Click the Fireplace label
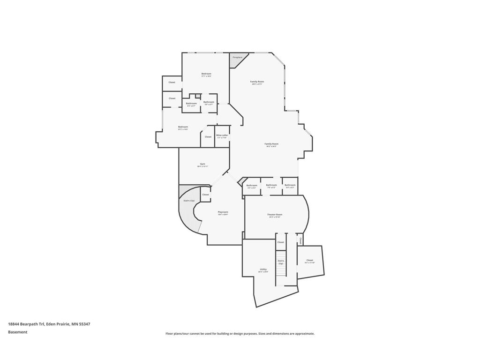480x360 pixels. pos(238,57)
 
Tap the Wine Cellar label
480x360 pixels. pos(222,135)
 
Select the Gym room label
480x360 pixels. pos(202,164)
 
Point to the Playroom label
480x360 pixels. pos(223,212)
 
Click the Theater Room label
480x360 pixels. pos(275,215)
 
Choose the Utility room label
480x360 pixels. pos(263,269)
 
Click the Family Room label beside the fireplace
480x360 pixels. pos(257,82)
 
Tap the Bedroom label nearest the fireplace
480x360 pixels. pos(206,74)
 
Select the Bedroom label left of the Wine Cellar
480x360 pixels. pos(183,127)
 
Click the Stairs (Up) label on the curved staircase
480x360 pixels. pos(189,201)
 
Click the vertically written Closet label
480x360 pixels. pos(300,240)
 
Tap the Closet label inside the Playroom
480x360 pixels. pos(205,194)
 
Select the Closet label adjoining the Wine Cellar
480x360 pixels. pos(208,137)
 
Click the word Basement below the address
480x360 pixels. pos(18,332)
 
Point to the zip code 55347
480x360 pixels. pos(84,324)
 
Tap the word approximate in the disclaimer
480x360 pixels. pos(304,334)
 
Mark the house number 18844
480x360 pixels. pos(14,324)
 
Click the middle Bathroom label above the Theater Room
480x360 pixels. pos(271,185)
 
